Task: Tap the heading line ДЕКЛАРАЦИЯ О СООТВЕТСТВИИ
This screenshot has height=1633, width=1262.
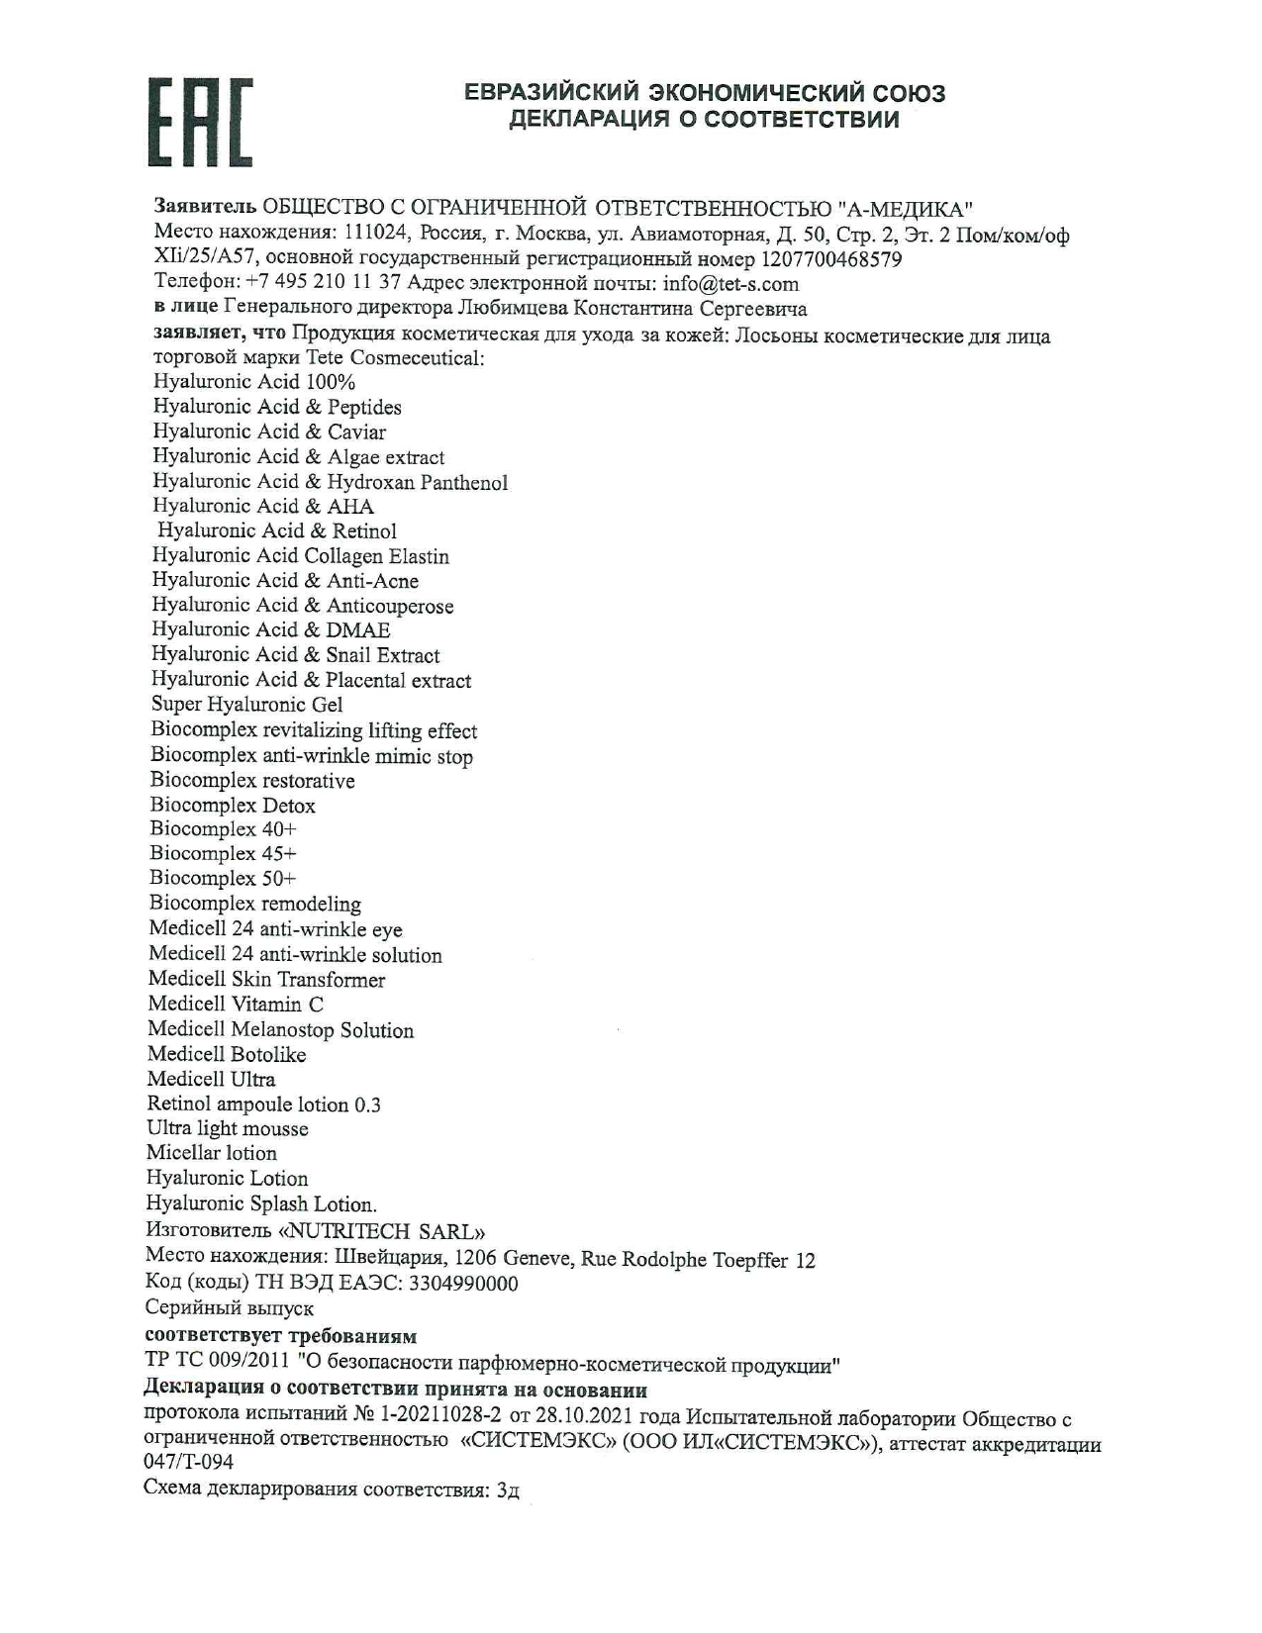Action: tap(704, 120)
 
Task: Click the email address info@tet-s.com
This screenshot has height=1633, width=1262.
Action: tap(730, 284)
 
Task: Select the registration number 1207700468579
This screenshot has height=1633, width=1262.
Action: tap(830, 259)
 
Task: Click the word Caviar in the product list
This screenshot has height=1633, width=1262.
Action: tap(356, 432)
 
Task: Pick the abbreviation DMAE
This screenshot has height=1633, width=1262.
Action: tap(358, 629)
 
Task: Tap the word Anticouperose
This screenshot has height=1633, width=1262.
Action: tap(390, 606)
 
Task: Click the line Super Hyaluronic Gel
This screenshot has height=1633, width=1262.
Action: tap(246, 705)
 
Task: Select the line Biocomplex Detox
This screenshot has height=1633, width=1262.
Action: tap(233, 806)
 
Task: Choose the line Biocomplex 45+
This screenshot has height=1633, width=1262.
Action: tap(223, 853)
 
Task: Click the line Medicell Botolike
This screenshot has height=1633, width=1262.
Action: tap(227, 1055)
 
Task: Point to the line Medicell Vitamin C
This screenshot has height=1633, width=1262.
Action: tap(236, 1005)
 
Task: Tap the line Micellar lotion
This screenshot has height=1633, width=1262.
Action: tap(212, 1153)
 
